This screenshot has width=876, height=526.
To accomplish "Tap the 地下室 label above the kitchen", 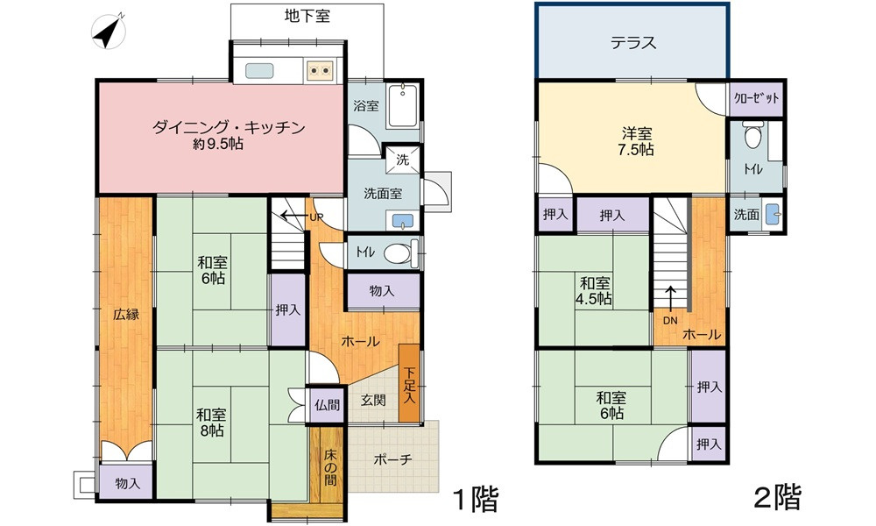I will [x=307, y=16].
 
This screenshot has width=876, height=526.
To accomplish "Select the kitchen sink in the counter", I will [x=261, y=70].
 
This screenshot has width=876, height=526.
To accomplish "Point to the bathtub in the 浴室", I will [x=405, y=108].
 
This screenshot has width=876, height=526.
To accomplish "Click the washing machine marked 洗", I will [x=402, y=160].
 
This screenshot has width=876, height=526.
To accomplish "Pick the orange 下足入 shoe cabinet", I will [x=409, y=384].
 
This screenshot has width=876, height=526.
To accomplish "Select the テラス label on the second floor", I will [x=632, y=43].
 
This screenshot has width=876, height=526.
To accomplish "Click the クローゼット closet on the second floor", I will [x=756, y=99].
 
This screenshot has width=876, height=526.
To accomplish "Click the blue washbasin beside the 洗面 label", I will [x=772, y=214].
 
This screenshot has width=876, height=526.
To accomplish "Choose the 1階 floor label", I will [x=475, y=501].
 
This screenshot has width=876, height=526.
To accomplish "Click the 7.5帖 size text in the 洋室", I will [x=637, y=150].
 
